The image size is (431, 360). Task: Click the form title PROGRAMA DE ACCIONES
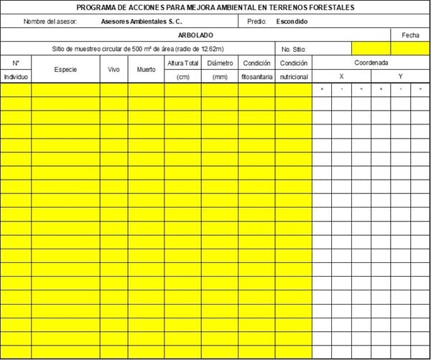click(215, 7)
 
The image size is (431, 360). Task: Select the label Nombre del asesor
click(50, 22)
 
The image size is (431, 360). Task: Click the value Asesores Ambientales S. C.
click(142, 22)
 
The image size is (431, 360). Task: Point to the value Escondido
click(292, 22)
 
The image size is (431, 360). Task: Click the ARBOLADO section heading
click(195, 34)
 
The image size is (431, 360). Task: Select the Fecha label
click(410, 34)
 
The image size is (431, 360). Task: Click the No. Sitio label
click(295, 49)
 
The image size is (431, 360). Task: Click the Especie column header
click(65, 70)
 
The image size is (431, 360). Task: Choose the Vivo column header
click(113, 70)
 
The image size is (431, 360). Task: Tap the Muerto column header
click(146, 70)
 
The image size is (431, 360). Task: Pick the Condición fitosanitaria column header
click(256, 70)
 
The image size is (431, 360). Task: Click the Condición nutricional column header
click(293, 70)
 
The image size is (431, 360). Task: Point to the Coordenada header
click(371, 63)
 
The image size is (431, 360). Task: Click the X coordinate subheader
click(341, 76)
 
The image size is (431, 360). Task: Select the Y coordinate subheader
click(400, 76)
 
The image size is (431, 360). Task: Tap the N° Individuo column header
click(16, 70)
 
